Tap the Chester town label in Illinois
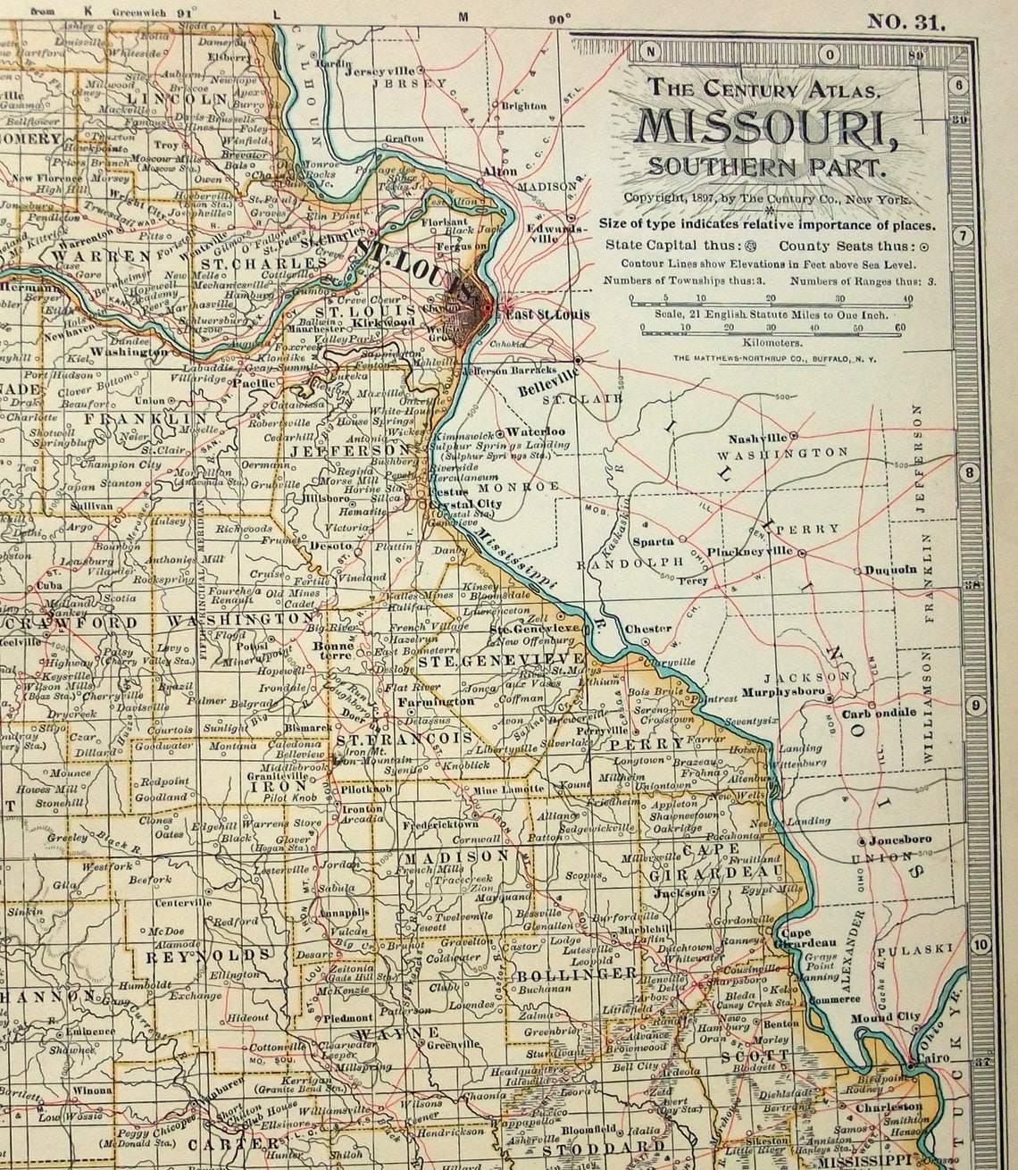[647, 629]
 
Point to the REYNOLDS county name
[208, 956]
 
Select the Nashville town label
[757, 439]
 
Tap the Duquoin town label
[889, 570]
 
